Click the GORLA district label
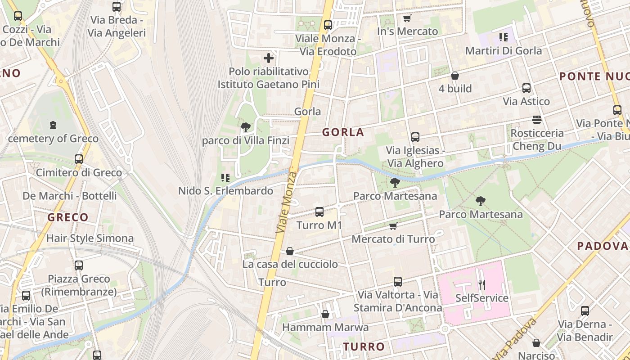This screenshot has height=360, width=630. [x=343, y=132]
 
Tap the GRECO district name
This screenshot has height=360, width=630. [x=68, y=218]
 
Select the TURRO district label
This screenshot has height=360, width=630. [x=364, y=347]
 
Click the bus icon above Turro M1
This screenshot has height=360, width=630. [x=319, y=211]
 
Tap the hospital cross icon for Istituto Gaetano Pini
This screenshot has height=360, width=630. [x=269, y=58]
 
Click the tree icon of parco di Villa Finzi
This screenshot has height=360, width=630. [x=245, y=127]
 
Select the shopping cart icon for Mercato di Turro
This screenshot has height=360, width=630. [x=393, y=226]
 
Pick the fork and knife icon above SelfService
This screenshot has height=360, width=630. [x=481, y=284]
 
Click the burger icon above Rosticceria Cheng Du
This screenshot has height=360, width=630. [x=536, y=120]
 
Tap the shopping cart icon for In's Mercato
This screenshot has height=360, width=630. [x=407, y=18]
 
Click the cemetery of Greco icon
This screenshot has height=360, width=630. [x=53, y=125]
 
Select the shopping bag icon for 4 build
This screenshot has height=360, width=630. [x=455, y=76]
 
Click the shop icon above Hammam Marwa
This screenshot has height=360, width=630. [x=325, y=314]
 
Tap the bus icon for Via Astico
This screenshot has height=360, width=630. [x=526, y=88]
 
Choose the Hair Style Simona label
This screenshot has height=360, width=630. [x=90, y=238]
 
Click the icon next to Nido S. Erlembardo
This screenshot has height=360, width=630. [x=225, y=178]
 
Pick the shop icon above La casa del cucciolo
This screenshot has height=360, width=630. [x=290, y=251]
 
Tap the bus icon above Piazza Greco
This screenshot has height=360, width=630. [x=79, y=265]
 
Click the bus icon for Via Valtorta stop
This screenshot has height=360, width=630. [x=397, y=282]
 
